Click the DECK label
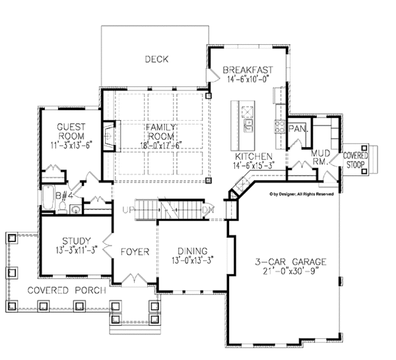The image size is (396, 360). click(x=156, y=59)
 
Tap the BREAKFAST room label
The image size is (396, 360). click(x=247, y=70)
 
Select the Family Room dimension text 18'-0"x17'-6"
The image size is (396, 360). click(x=161, y=146)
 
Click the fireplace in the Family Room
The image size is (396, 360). click(x=109, y=136)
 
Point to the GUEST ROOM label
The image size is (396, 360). click(x=71, y=131)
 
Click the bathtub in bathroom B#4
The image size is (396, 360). click(x=48, y=198)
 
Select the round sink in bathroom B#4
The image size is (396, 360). click(x=75, y=209)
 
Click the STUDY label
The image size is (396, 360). click(x=77, y=241)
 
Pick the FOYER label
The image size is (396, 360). click(x=135, y=252)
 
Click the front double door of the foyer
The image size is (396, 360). click(x=134, y=279)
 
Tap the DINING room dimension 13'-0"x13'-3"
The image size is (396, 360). click(x=193, y=260)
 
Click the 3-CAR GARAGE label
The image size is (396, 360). click(x=290, y=262)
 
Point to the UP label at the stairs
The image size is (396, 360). click(x=128, y=210)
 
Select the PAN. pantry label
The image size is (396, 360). click(x=298, y=129)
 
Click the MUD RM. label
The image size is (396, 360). click(x=320, y=157)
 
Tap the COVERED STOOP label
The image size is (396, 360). click(x=355, y=160)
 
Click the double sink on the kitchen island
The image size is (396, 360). click(x=249, y=126)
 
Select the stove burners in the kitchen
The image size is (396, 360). click(x=280, y=127)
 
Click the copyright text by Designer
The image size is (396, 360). click(x=302, y=194)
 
